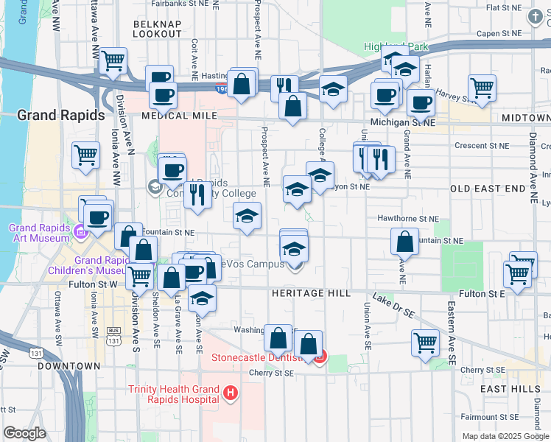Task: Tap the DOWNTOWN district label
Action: pyautogui.click(x=69, y=365)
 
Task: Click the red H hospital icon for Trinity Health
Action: pyautogui.click(x=231, y=394)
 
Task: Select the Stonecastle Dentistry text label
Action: pyautogui.click(x=257, y=358)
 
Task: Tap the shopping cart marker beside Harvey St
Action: pyautogui.click(x=481, y=87)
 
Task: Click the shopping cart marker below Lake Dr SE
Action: pyautogui.click(x=425, y=342)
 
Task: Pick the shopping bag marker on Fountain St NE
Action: pyautogui.click(x=404, y=241)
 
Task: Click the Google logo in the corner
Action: pyautogui.click(x=24, y=433)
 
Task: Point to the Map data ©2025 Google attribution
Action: pyautogui.click(x=505, y=436)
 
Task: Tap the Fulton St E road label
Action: pyautogui.click(x=481, y=293)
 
